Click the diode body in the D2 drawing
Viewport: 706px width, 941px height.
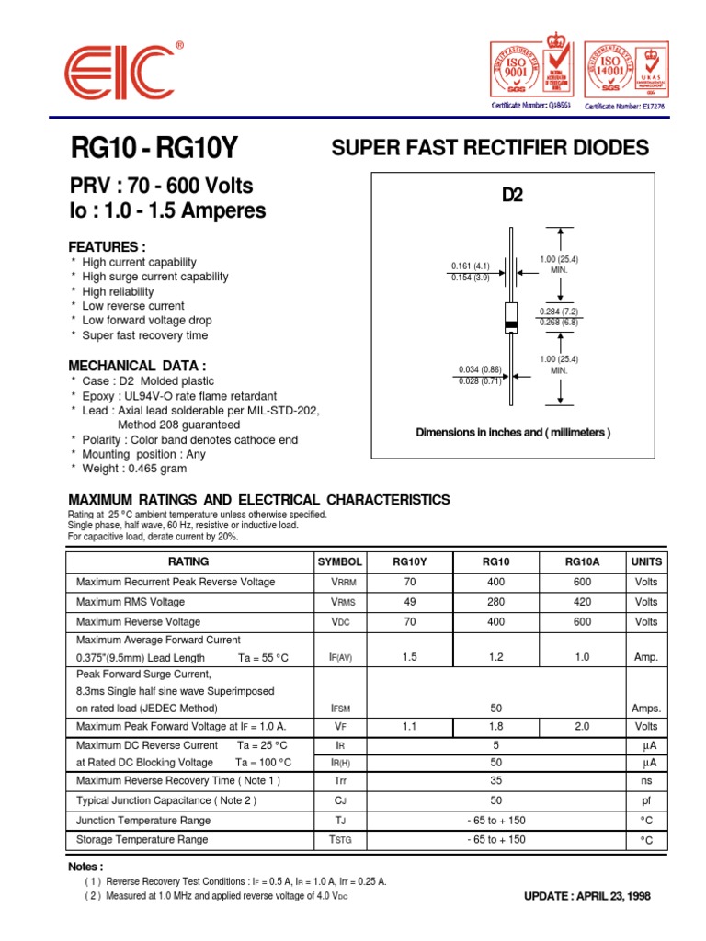(x=512, y=317)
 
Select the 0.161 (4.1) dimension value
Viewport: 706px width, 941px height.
(x=470, y=266)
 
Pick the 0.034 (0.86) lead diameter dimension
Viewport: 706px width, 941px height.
(x=478, y=369)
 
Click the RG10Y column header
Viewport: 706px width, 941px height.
(x=409, y=561)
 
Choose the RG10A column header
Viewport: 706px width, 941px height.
(x=582, y=561)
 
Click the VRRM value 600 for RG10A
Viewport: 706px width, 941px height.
(x=582, y=582)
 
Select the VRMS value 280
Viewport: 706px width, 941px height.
(x=495, y=602)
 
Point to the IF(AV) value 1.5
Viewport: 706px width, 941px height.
(x=409, y=657)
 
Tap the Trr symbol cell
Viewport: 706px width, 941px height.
(x=339, y=780)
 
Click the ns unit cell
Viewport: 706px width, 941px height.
(x=646, y=780)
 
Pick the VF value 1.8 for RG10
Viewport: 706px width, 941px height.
(x=495, y=726)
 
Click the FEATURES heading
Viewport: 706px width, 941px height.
(x=108, y=247)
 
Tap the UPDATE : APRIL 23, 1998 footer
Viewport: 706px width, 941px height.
(x=586, y=896)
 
